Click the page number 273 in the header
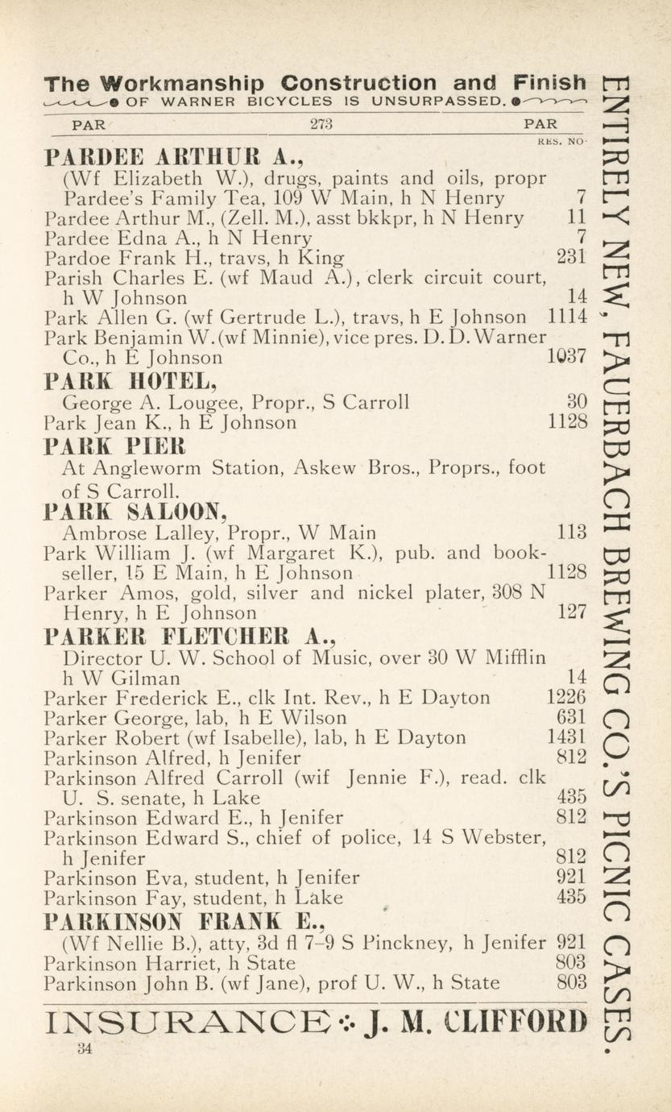point(321,125)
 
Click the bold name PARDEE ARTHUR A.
point(173,156)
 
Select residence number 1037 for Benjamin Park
point(567,357)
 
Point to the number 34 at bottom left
point(85,1048)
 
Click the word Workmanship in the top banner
point(183,83)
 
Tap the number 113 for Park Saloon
point(572,533)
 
